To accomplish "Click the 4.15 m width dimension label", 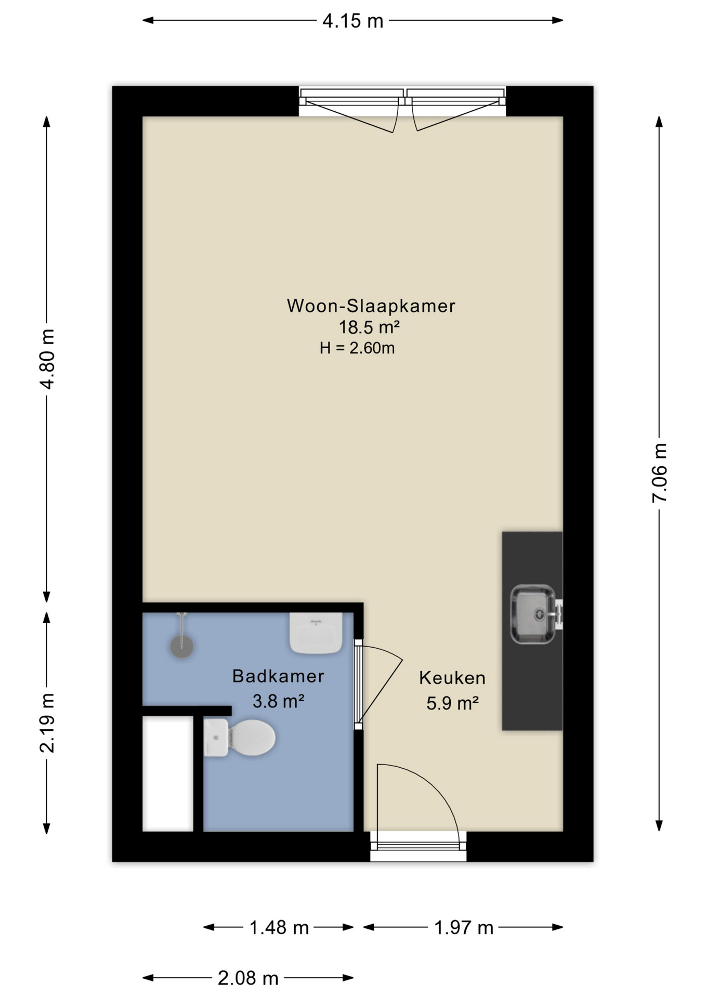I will pyautogui.click(x=352, y=21).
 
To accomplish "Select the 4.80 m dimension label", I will pyautogui.click(x=47, y=359).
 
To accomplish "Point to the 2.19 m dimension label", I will pyautogui.click(x=47, y=723).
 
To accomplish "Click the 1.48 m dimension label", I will pyautogui.click(x=279, y=927).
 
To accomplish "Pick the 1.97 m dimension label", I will pyautogui.click(x=463, y=927).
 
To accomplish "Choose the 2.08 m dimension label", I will pyautogui.click(x=248, y=978).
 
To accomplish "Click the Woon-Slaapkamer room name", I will pyautogui.click(x=371, y=306).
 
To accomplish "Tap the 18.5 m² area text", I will pyautogui.click(x=369, y=327).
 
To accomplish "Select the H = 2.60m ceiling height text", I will pyautogui.click(x=357, y=348).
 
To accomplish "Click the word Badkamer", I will pyautogui.click(x=278, y=676).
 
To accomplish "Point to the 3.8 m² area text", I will pyautogui.click(x=278, y=701).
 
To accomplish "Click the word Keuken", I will pyautogui.click(x=452, y=678).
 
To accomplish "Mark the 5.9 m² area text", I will pyautogui.click(x=452, y=703).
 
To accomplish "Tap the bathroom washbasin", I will pyautogui.click(x=316, y=633).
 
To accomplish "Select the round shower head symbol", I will pyautogui.click(x=182, y=647).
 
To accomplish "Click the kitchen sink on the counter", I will pyautogui.click(x=533, y=614).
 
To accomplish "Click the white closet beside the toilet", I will pyautogui.click(x=167, y=773).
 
